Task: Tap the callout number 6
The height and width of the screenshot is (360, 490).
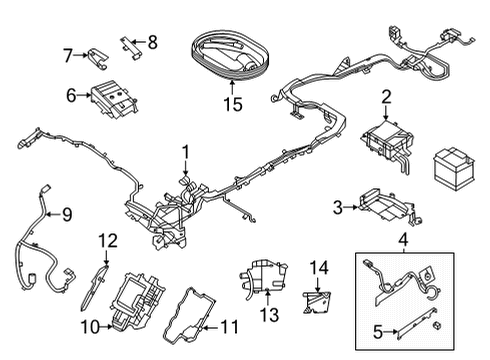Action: click(71, 95)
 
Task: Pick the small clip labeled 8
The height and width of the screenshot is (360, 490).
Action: click(129, 45)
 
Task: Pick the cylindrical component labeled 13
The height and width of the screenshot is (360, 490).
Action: click(262, 274)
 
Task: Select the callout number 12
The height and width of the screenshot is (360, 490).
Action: click(108, 239)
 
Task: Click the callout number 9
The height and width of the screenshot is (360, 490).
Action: click(67, 213)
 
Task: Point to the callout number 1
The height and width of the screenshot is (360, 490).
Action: click(183, 152)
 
